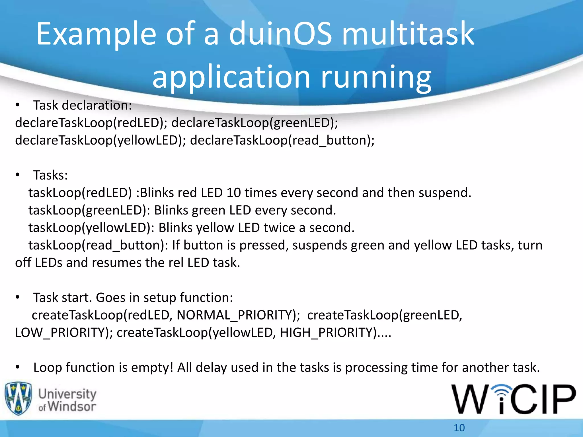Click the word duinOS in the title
280,34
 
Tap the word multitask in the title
408,34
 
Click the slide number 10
459,428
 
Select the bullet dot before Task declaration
18,105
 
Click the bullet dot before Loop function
18,367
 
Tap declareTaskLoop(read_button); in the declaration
282,140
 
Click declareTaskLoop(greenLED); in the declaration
254,123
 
